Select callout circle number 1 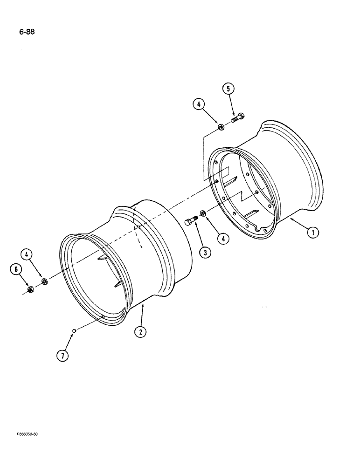point(313,231)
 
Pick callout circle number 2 point(140,331)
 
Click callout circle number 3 point(204,252)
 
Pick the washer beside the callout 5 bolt point(221,126)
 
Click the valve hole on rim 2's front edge point(102,318)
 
